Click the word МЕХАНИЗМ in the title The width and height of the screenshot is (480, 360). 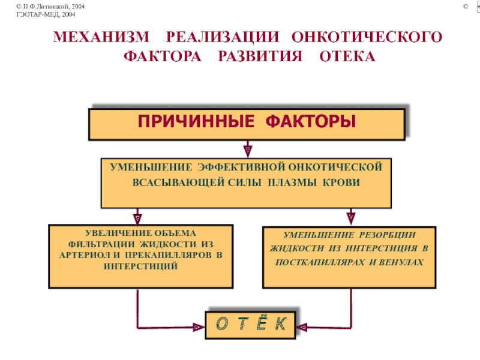tap(101, 37)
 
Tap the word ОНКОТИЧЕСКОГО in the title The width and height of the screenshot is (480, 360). tap(367, 37)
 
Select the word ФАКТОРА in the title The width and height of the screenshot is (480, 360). tap(163, 56)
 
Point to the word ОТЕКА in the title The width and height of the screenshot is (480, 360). tap(347, 56)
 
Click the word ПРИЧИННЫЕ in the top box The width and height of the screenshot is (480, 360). tap(196, 121)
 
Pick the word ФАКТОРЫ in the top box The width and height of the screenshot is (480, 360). tap(311, 121)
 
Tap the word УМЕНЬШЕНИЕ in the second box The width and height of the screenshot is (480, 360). tap(151, 167)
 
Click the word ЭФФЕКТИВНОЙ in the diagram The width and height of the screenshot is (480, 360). tap(241, 167)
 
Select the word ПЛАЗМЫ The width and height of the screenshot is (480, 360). tap(292, 182)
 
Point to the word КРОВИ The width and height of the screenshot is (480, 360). tap(341, 182)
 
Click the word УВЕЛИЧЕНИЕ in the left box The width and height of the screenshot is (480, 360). tap(118, 233)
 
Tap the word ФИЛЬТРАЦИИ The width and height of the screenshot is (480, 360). tap(101, 244)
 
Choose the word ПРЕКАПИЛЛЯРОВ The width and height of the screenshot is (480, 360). tap(168, 255)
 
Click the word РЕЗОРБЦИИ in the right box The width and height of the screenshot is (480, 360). tap(387, 235)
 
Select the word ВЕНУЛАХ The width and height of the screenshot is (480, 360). tap(401, 262)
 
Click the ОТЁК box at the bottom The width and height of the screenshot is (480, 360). tap(250, 325)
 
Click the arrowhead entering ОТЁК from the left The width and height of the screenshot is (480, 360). tap(199, 327)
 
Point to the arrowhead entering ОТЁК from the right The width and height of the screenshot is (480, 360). tap(302, 328)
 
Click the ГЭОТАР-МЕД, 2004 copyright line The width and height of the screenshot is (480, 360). tap(46, 14)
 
